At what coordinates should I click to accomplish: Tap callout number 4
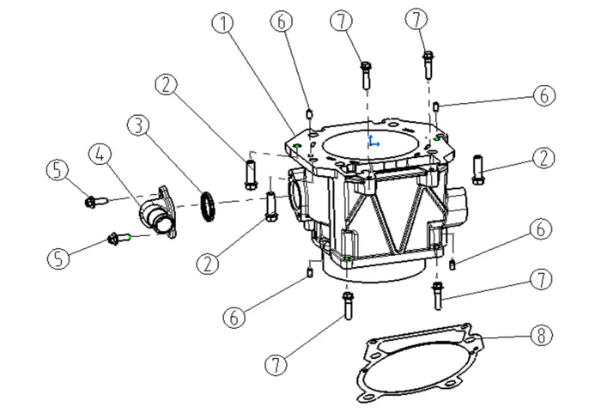pyautogui.click(x=101, y=155)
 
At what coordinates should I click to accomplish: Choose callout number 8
pyautogui.click(x=539, y=336)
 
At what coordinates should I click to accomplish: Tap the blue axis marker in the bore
pyautogui.click(x=372, y=141)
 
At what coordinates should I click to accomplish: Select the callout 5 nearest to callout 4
pyautogui.click(x=58, y=171)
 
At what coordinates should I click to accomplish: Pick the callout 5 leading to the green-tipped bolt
pyautogui.click(x=58, y=258)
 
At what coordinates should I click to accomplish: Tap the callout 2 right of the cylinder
pyautogui.click(x=543, y=158)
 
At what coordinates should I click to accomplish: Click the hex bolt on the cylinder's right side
pyautogui.click(x=479, y=168)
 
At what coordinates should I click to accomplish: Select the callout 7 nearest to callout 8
pyautogui.click(x=539, y=279)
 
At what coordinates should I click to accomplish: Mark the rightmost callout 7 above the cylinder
pyautogui.click(x=417, y=19)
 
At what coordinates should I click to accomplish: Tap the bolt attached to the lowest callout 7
pyautogui.click(x=347, y=305)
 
